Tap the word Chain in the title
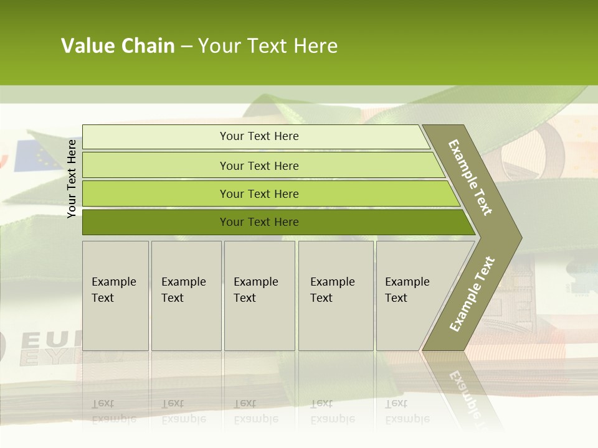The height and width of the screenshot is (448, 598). pos(147,46)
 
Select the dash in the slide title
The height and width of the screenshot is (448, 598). pos(186,47)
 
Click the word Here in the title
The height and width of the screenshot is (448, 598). pos(315,46)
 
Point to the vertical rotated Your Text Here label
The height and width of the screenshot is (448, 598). pos(72,179)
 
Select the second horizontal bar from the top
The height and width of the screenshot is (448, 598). pos(259,166)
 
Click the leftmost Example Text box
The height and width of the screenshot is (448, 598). pos(115,296)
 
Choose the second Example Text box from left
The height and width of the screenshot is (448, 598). pos(186,296)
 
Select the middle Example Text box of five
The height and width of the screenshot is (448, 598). pos(259,296)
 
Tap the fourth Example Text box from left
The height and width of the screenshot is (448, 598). pos(335,296)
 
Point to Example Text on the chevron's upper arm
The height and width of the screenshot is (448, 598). pos(470,177)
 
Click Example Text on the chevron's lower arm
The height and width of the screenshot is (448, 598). pos(472,294)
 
